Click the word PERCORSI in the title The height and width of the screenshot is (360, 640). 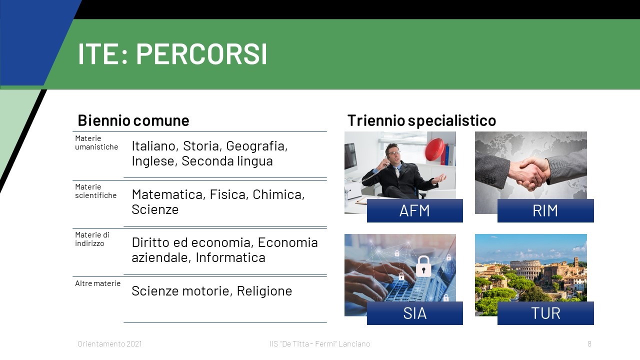[x=201, y=54]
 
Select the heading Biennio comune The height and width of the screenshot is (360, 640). [x=133, y=120]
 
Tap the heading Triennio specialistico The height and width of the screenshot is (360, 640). [x=421, y=120]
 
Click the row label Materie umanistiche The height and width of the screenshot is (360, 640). [x=96, y=142]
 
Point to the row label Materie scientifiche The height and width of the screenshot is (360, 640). [x=95, y=191]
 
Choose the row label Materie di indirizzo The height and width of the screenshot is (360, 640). [x=92, y=239]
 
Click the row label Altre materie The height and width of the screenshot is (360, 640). [x=97, y=283]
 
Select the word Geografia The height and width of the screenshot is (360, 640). [x=256, y=146]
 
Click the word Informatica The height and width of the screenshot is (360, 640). [x=230, y=257]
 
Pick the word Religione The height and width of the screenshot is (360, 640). [x=264, y=291]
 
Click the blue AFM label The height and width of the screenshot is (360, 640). [x=415, y=211]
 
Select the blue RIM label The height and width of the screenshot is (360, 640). [x=545, y=211]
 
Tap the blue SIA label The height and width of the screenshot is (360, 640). [x=415, y=313]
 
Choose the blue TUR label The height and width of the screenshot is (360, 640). [x=545, y=313]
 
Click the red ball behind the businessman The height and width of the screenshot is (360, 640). [x=434, y=149]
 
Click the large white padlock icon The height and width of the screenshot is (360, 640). [x=423, y=266]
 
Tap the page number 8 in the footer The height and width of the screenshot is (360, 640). [x=589, y=343]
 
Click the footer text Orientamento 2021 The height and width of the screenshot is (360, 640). [x=109, y=343]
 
